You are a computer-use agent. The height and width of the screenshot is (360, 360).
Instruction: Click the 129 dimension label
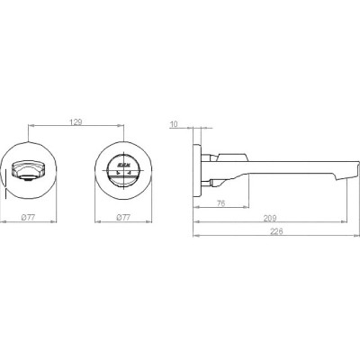76,122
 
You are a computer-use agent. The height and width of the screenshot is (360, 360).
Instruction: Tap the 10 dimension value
174,124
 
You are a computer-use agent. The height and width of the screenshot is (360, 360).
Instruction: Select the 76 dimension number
220,203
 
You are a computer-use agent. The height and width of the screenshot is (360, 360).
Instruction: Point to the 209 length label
270,218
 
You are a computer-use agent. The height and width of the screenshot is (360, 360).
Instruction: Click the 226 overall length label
276,231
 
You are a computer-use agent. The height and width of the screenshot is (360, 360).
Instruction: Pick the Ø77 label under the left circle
29,218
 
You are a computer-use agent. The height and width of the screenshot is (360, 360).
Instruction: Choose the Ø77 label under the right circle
123,218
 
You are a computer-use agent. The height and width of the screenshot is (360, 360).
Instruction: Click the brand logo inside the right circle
123,165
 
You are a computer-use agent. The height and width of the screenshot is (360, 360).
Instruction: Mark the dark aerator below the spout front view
28,180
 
